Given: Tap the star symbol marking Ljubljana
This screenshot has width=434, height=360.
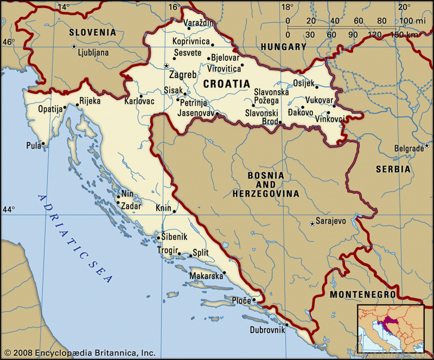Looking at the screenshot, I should coord(74,47).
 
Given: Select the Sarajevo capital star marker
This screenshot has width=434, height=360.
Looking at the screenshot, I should coord(311,223).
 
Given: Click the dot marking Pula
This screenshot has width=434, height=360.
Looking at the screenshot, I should coord(43,144).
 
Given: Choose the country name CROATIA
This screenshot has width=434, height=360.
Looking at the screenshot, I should coord(226,84).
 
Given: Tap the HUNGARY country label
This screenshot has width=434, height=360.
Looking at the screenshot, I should coord(283,47).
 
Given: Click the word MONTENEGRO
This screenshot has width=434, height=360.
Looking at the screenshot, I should coord(362,294).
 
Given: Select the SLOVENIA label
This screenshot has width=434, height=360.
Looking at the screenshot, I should coord(92,33).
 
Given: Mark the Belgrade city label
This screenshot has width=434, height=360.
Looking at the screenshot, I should coord(409,149).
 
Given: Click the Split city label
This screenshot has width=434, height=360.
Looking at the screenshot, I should coord(201,253).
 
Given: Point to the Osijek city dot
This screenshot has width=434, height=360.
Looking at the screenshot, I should coord(317,87).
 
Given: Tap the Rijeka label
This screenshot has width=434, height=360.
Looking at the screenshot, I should coord(90,100).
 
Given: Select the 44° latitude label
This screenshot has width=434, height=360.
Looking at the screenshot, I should coord(9,209).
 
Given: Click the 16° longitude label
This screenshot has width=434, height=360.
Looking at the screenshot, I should coord(174,7).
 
